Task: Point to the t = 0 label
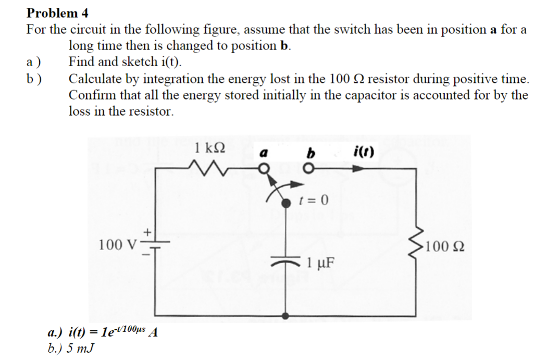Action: pyautogui.click(x=315, y=200)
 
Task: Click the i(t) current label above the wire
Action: pyautogui.click(x=362, y=152)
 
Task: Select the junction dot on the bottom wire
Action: pyautogui.click(x=286, y=315)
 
